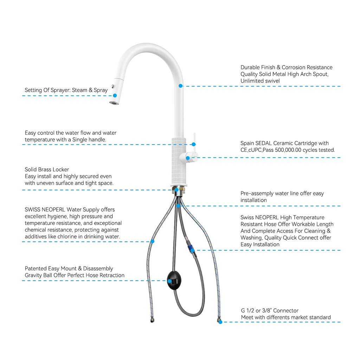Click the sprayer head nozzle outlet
(114, 103)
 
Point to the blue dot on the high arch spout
(180, 86)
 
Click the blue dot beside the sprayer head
(115, 95)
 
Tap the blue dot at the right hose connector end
(220, 322)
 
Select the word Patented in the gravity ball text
(35, 269)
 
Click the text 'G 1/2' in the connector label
(247, 311)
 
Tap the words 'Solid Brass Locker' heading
(47, 169)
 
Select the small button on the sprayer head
(112, 86)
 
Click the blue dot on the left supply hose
(152, 242)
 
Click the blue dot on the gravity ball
(169, 281)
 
